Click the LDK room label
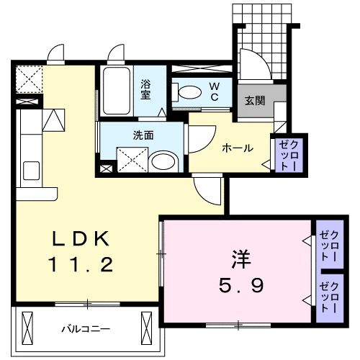[81, 238]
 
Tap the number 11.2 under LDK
[81, 265]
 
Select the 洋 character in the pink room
[240, 258]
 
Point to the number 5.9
[240, 285]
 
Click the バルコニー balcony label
[85, 329]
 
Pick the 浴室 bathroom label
[146, 88]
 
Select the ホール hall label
[237, 148]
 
